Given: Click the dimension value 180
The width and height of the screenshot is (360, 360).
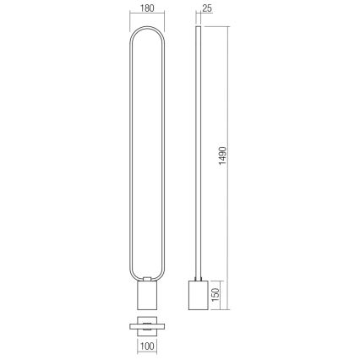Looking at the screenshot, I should [x=149, y=12].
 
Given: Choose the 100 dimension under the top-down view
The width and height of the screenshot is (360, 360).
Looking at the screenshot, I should [x=149, y=346].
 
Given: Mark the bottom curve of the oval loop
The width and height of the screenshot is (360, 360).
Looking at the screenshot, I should [x=149, y=279].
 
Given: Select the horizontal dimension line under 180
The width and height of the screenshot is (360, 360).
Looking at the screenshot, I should [x=149, y=22].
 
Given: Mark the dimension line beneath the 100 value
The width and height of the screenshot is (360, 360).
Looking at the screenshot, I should [x=149, y=337].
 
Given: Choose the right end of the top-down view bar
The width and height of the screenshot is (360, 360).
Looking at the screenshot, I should [x=166, y=325].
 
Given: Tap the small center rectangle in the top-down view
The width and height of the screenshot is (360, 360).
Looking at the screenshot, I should [x=149, y=325].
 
